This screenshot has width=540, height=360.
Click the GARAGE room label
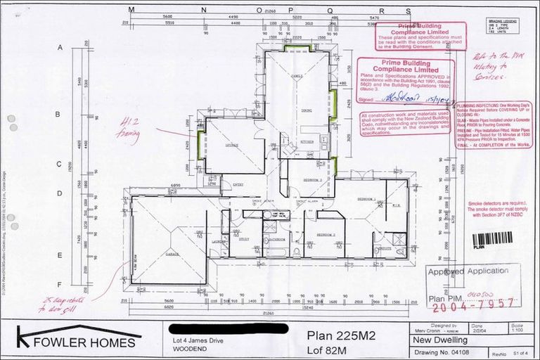pyautogui.click(x=172, y=254)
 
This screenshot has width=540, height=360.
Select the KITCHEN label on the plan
pyautogui.click(x=306, y=142)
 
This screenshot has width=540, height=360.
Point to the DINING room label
pyautogui.click(x=307, y=110)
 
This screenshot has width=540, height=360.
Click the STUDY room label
pyautogui.click(x=244, y=240)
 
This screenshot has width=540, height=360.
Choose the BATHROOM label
pyautogui.click(x=275, y=240)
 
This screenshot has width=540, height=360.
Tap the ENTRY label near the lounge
pyautogui.click(x=238, y=185)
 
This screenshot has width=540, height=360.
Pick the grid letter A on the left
pyautogui.click(x=60, y=47)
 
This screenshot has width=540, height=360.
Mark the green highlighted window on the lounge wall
pyautogui.click(x=202, y=147)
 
